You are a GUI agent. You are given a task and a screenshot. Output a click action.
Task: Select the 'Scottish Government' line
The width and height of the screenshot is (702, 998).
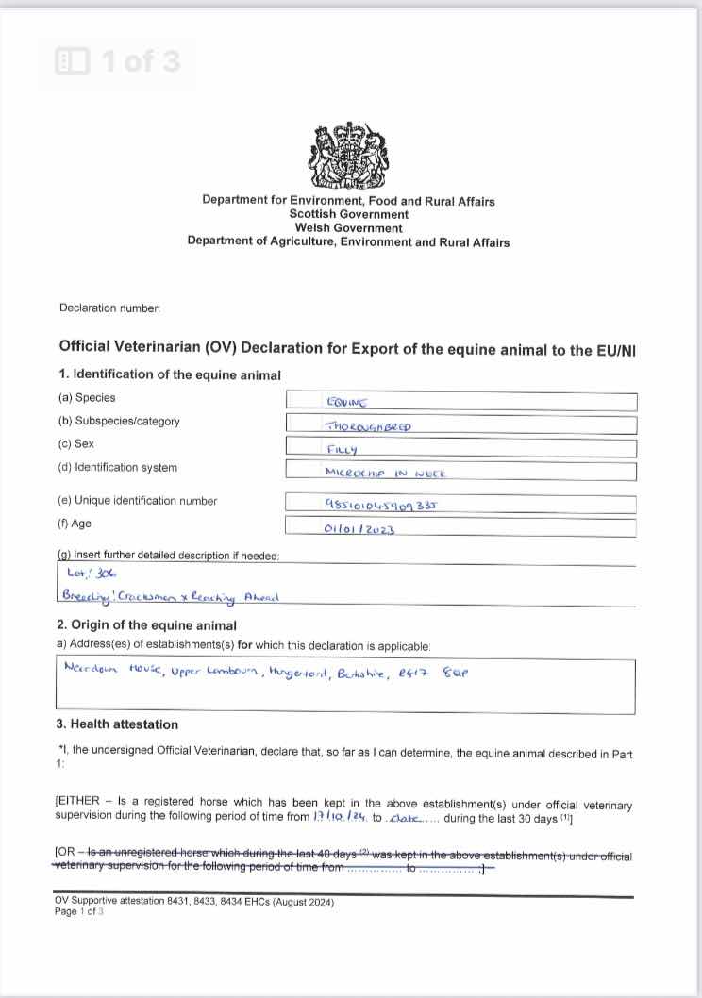pos(348,215)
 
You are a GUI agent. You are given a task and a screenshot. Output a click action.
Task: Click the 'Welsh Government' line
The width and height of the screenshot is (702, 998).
pos(348,228)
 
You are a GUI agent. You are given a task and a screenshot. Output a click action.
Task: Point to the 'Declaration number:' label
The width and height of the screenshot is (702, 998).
pos(109,308)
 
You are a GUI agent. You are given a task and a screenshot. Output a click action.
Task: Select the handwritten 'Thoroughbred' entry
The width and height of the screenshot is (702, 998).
pos(368,425)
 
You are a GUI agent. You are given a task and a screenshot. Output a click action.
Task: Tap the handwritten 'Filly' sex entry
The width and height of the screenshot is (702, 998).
pos(342,449)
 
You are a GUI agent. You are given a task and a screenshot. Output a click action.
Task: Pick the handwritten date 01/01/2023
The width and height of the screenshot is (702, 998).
pos(359,529)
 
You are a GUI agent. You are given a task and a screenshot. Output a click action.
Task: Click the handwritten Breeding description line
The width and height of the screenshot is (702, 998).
pos(170,596)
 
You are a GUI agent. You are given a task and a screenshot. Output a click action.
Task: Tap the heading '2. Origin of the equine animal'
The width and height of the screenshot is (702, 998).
pos(147,625)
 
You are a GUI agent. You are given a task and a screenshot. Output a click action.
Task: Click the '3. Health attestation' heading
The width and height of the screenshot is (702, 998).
pos(118,724)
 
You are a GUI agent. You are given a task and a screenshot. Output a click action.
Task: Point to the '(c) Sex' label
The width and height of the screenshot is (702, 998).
pos(75,443)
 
